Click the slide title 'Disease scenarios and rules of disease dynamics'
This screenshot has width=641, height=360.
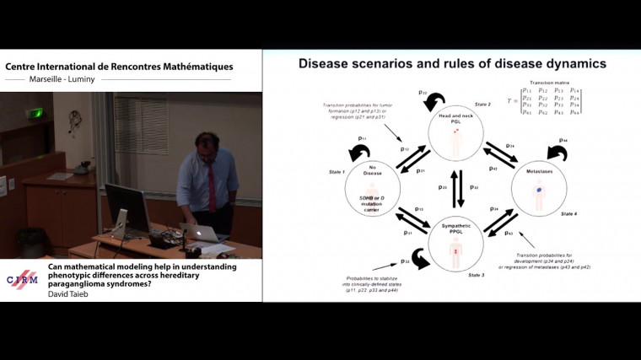(452, 63)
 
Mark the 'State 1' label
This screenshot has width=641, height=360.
(337, 171)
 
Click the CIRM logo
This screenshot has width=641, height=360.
(23, 280)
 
